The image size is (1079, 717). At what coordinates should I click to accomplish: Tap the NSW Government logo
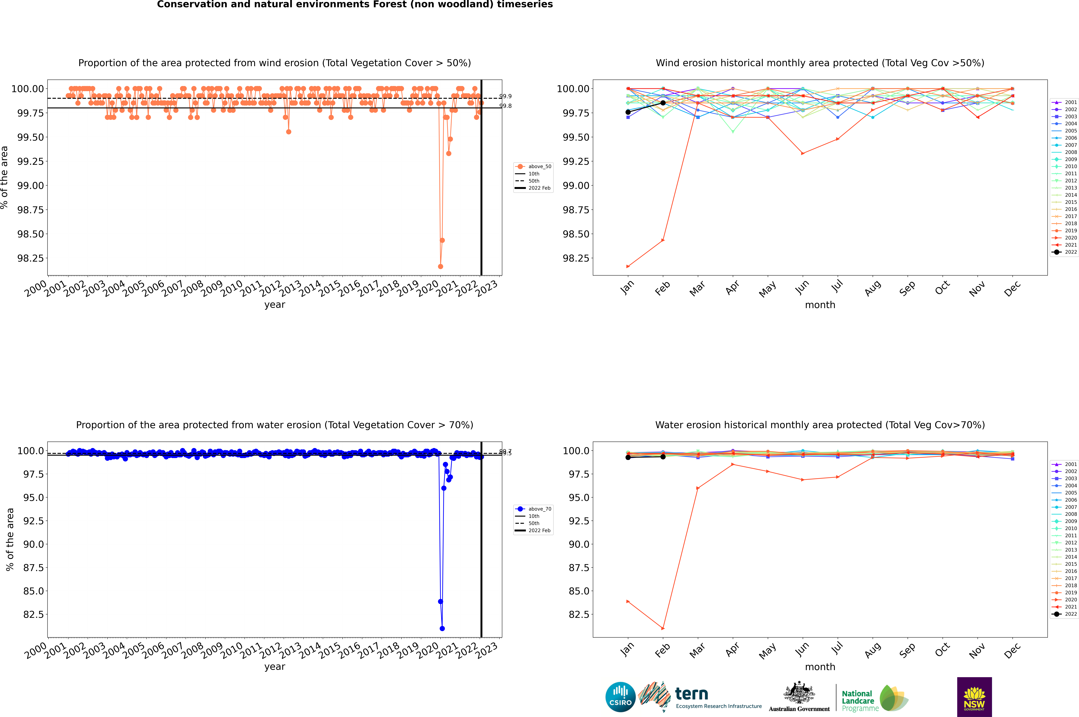(974, 697)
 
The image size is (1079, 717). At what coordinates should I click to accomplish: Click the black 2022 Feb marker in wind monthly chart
(663, 103)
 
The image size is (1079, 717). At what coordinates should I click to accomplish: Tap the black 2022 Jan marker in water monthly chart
(628, 457)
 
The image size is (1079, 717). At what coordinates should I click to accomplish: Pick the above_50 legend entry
(533, 166)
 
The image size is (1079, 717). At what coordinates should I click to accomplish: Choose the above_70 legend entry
(533, 509)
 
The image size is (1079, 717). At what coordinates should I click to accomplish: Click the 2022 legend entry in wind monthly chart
(1065, 252)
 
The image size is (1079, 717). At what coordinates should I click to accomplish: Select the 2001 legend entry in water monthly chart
(1065, 464)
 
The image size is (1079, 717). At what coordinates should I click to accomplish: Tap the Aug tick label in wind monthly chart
(872, 289)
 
